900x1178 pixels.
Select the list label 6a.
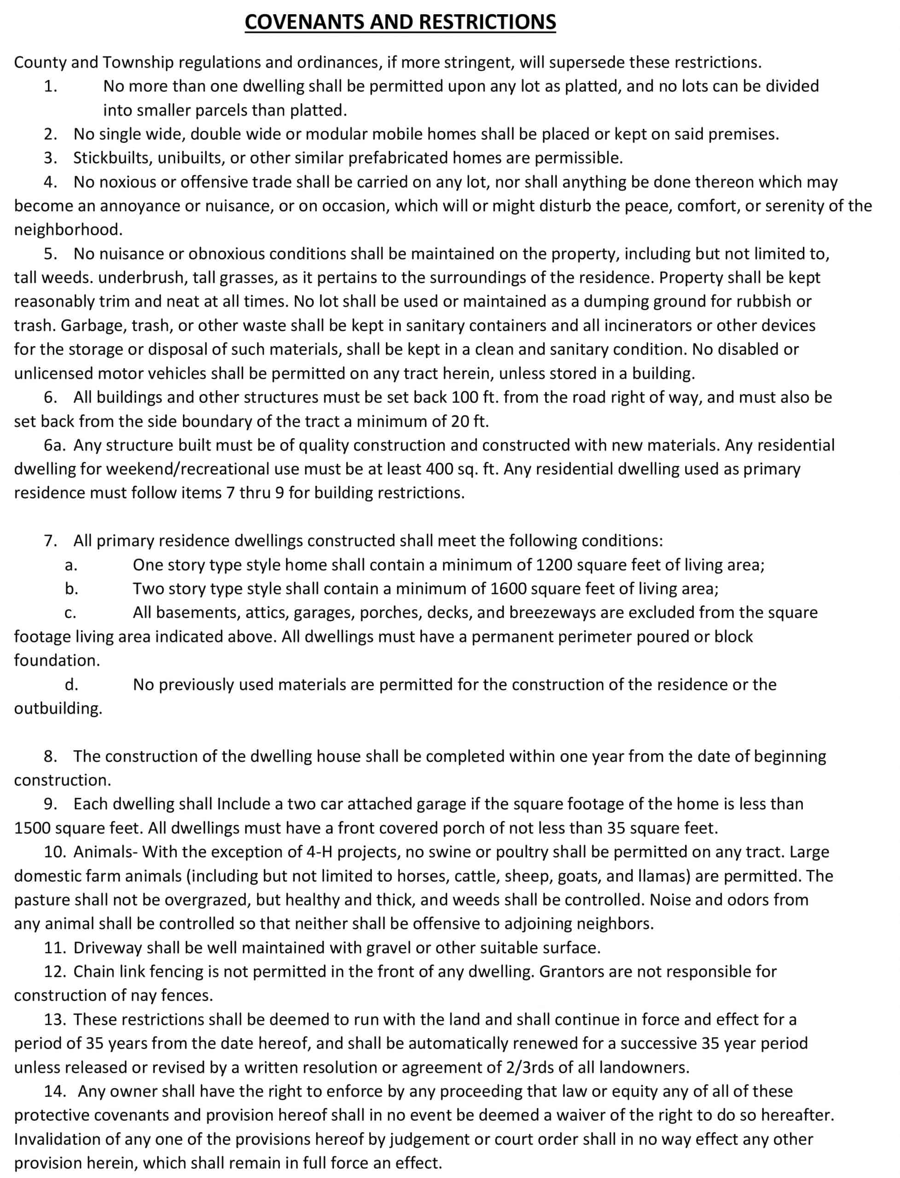point(55,445)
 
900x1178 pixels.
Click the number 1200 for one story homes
point(554,565)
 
